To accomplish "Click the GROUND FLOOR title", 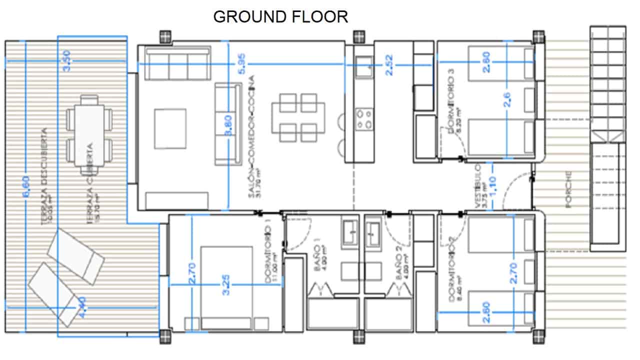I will click(x=280, y=16).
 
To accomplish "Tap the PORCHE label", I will click(x=568, y=189).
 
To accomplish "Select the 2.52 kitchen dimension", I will click(x=389, y=65).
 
